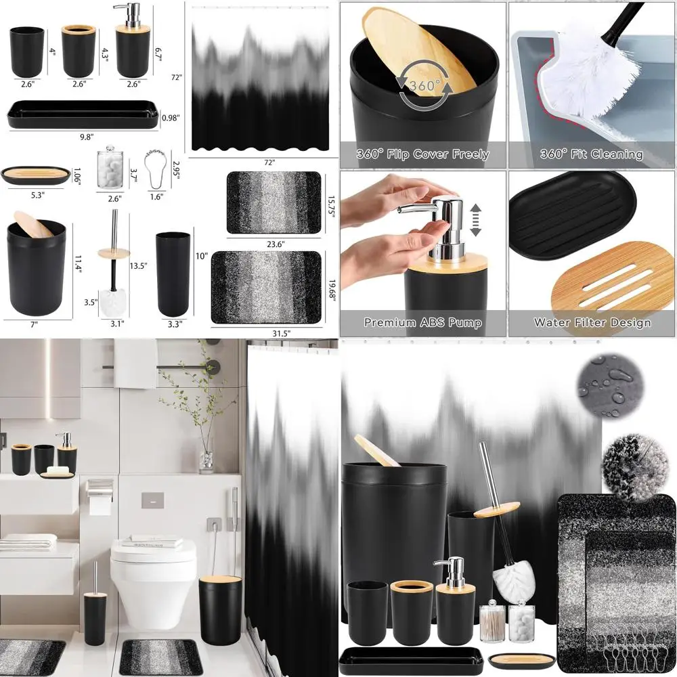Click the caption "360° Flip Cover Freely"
click(422, 154)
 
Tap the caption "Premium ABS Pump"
click(422, 323)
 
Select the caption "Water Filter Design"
click(592, 323)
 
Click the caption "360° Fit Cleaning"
click(592, 154)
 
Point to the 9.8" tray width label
click(86, 137)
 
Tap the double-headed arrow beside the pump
click(475, 219)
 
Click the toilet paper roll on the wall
click(99, 503)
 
